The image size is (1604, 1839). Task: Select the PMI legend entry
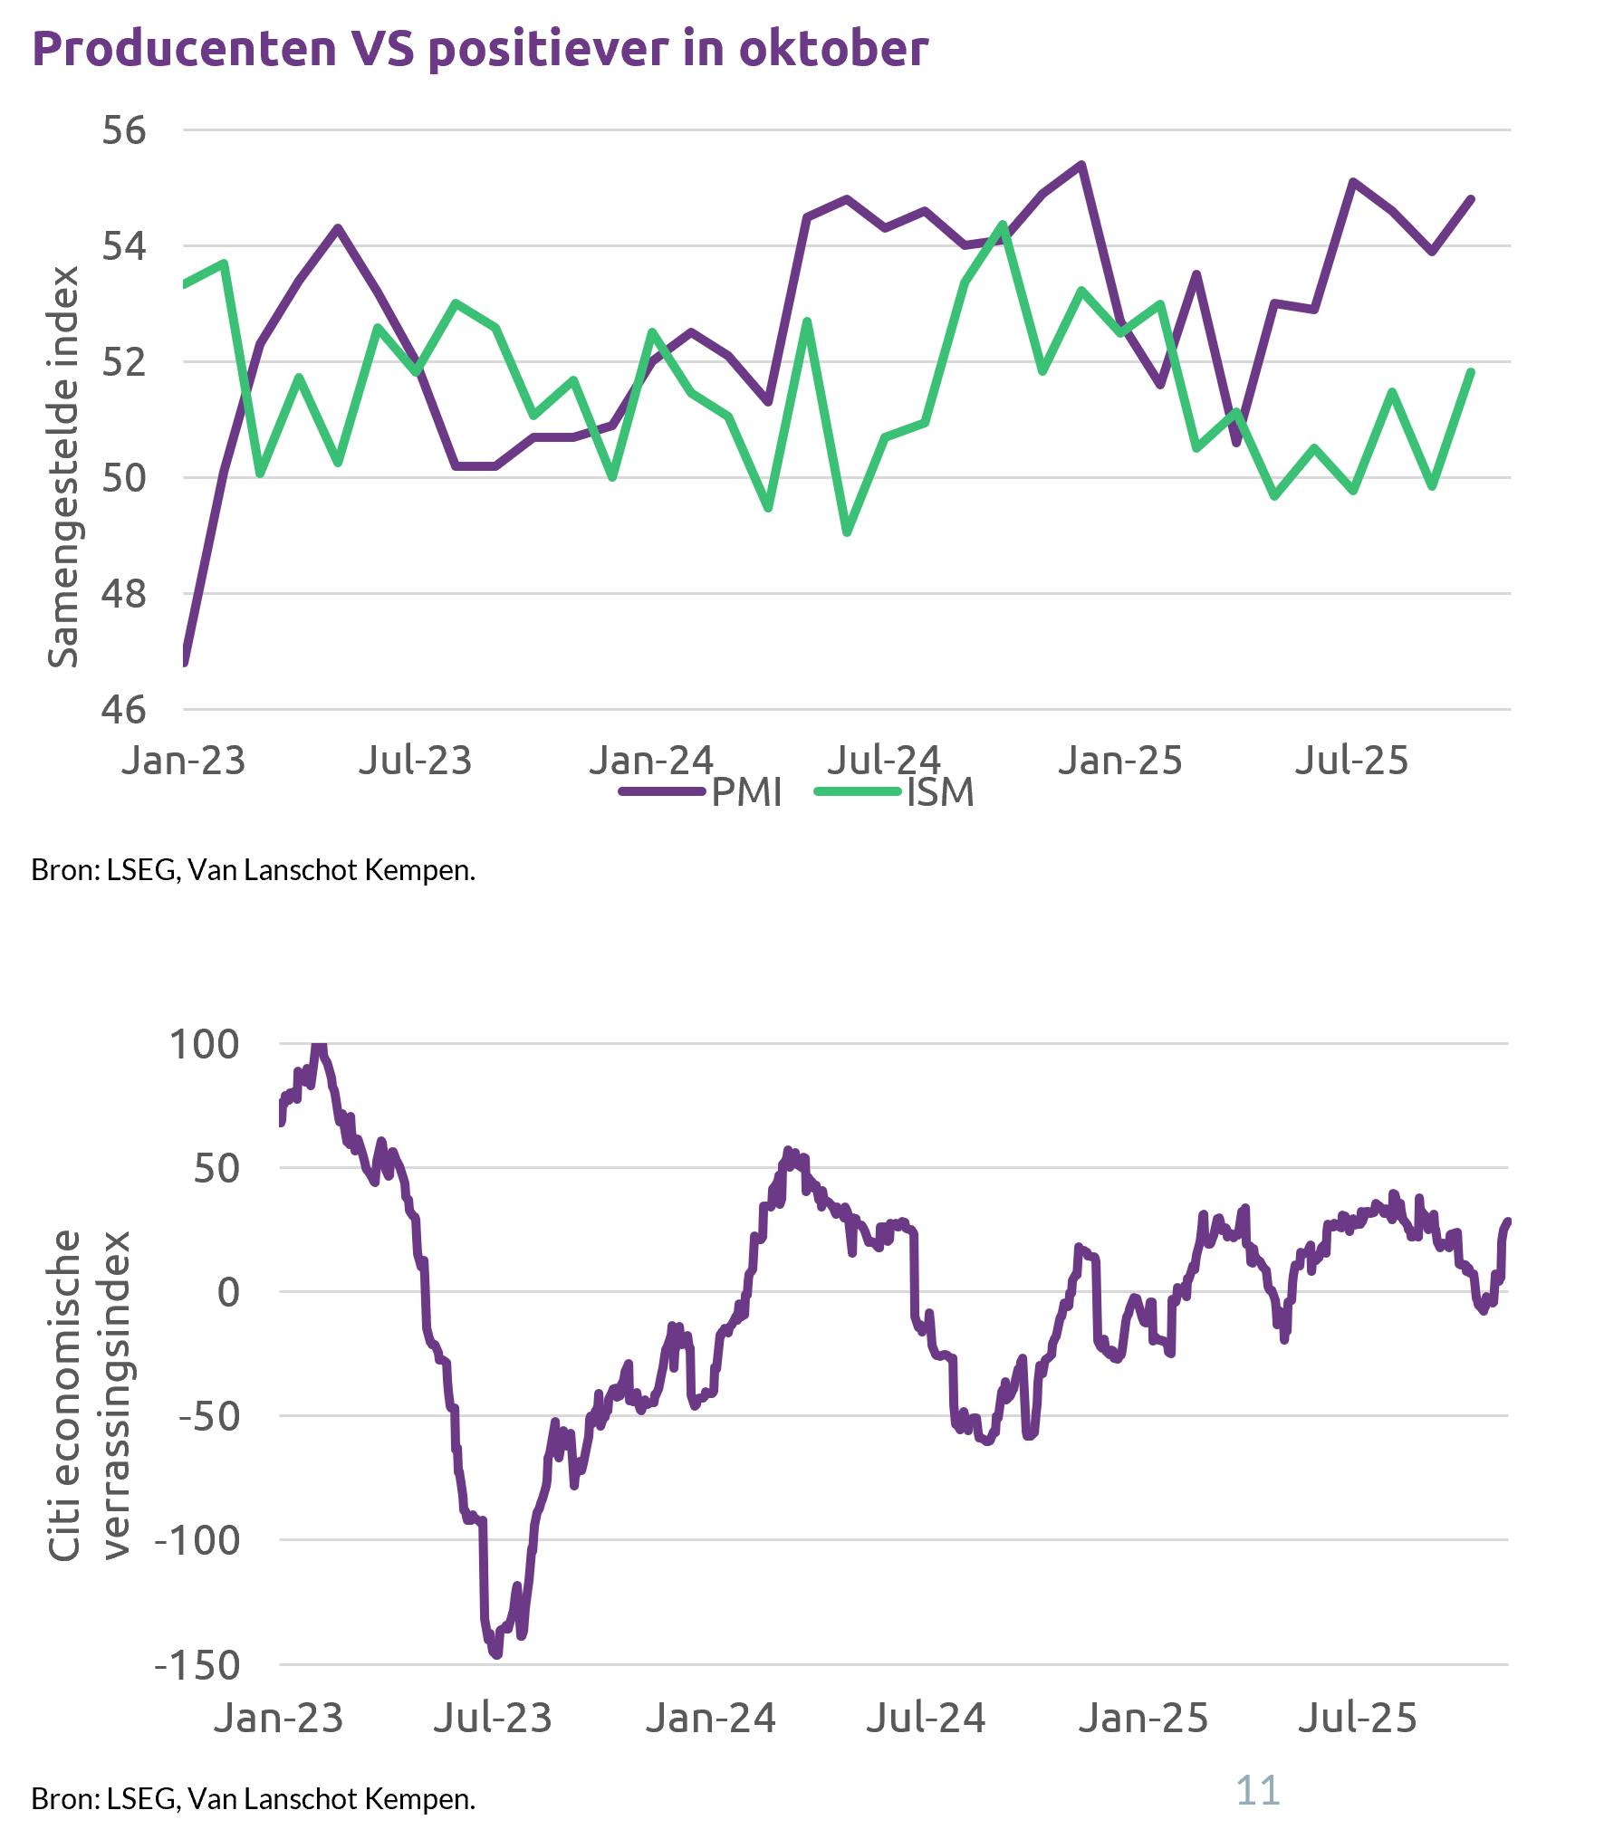pyautogui.click(x=745, y=792)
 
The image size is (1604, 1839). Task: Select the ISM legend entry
pyautogui.click(x=939, y=792)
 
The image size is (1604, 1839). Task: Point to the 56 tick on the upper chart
pyautogui.click(x=124, y=130)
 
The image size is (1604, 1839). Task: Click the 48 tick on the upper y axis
pyautogui.click(x=124, y=594)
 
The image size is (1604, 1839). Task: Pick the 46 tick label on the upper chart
pyautogui.click(x=124, y=710)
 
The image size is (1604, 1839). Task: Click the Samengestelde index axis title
pyautogui.click(x=63, y=467)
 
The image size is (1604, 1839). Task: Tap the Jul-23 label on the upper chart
pyautogui.click(x=416, y=761)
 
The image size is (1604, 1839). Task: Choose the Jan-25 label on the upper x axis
pyautogui.click(x=1120, y=761)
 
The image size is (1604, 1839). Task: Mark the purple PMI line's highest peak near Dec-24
pyautogui.click(x=1081, y=165)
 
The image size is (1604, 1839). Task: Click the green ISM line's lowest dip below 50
pyautogui.click(x=847, y=533)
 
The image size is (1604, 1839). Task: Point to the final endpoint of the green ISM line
pyautogui.click(x=1471, y=371)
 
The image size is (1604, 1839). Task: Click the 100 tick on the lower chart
pyautogui.click(x=205, y=1044)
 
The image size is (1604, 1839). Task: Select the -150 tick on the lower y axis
pyautogui.click(x=197, y=1665)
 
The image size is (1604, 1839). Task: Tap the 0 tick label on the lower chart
pyautogui.click(x=228, y=1292)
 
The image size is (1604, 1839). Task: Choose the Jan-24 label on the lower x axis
pyautogui.click(x=711, y=1718)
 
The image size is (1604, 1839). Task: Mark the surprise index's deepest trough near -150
pyautogui.click(x=495, y=1655)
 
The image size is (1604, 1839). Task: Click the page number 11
pyautogui.click(x=1258, y=1790)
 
